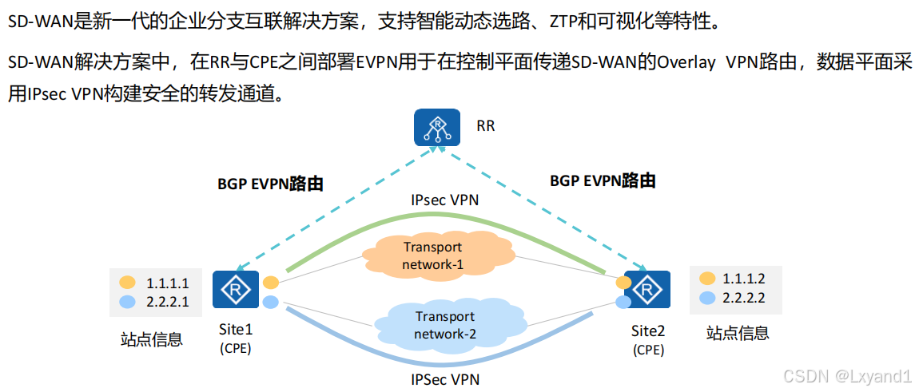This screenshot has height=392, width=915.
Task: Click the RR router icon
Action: point(437,127)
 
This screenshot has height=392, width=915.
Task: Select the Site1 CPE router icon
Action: point(235,289)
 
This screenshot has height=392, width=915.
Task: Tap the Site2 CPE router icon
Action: point(646,290)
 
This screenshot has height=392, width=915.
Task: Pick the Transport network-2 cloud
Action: point(444,325)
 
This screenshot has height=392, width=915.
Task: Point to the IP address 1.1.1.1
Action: point(167,283)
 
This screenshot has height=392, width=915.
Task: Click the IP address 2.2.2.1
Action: point(167,302)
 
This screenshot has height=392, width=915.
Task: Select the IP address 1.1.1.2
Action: point(744,279)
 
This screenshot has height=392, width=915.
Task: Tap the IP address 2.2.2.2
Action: point(744,298)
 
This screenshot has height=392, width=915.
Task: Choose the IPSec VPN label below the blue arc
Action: point(445,378)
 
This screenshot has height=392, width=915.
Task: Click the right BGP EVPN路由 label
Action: point(603,181)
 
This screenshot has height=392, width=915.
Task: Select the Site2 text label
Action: point(647,331)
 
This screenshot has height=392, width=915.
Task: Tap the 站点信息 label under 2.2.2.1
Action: point(152,340)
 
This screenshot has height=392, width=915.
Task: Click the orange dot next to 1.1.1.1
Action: point(127,283)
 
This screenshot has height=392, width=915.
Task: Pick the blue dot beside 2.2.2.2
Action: point(706,298)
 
